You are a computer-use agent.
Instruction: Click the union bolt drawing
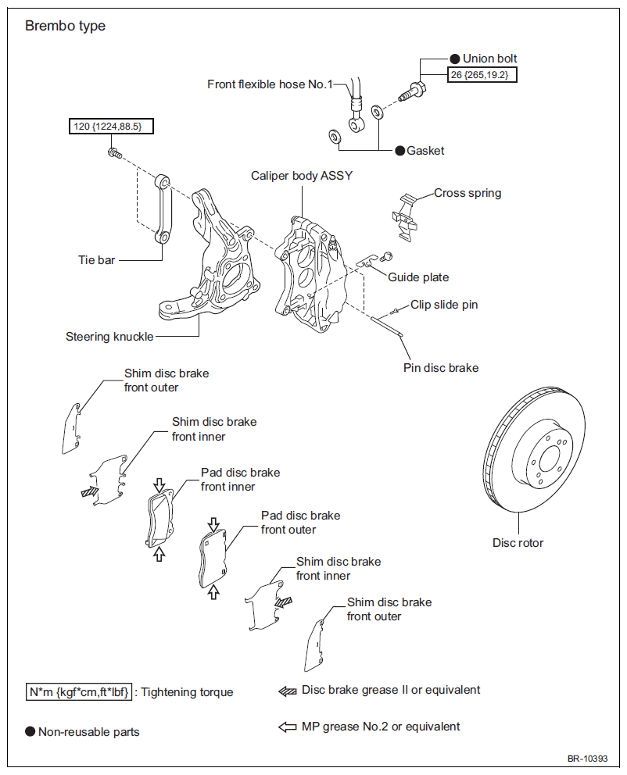(412, 92)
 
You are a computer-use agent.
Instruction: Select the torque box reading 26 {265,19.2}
(482, 75)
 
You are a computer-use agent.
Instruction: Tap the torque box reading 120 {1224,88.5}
(111, 126)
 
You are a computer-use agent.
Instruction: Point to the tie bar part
(162, 209)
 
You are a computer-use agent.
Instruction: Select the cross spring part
(405, 217)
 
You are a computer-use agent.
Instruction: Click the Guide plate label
(418, 277)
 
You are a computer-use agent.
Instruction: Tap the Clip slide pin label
(444, 305)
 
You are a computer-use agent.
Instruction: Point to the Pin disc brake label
(441, 368)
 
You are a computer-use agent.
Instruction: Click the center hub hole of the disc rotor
(548, 459)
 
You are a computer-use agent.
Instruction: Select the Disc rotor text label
(518, 543)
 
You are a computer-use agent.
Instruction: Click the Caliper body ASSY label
(302, 176)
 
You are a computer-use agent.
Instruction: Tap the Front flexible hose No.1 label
(270, 84)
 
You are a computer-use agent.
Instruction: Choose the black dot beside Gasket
(400, 151)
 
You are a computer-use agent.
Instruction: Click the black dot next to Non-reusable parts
(30, 731)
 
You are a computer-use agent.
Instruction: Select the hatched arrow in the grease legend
(288, 691)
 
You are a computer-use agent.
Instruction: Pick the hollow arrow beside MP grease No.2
(288, 727)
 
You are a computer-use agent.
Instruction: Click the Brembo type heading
(65, 26)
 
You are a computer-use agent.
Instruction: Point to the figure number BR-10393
(587, 759)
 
